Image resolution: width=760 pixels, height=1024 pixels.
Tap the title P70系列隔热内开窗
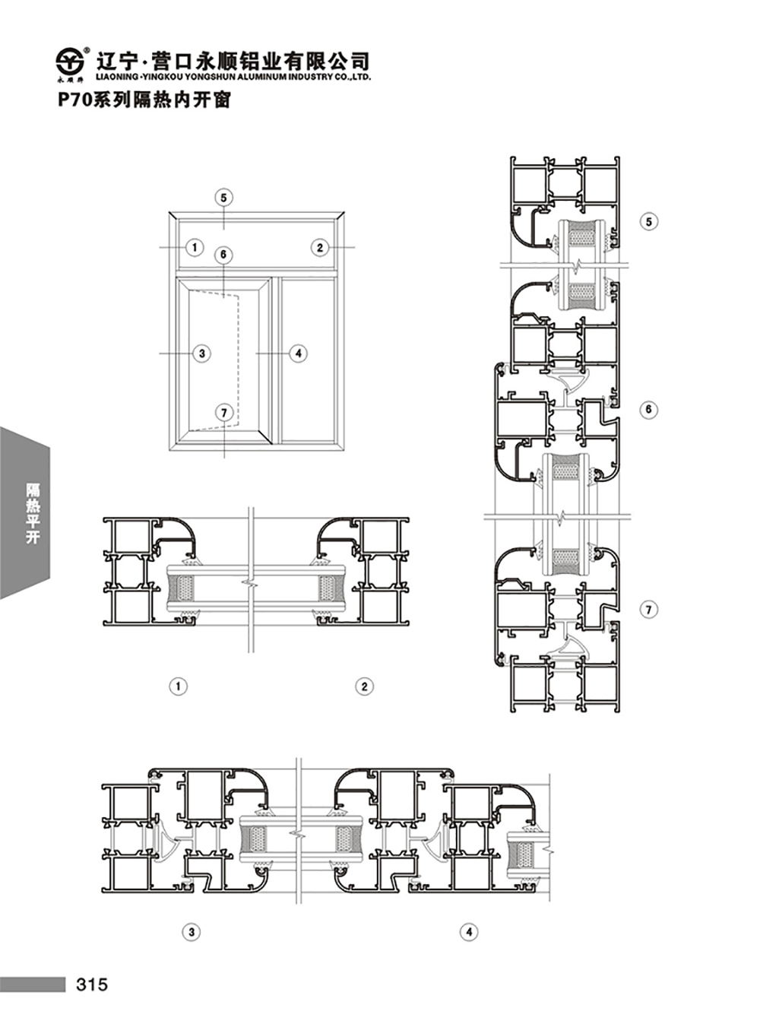pos(144,100)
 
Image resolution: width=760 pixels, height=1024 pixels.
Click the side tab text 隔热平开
pos(33,513)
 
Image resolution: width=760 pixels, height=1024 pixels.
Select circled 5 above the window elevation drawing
pos(224,198)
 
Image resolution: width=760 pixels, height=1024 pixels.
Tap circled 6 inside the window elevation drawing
pos(224,255)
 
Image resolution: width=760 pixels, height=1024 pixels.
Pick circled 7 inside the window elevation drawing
pos(224,412)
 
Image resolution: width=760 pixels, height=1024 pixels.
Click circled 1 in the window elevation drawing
pos(195,248)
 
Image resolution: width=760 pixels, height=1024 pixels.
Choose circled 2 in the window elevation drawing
pos(320,248)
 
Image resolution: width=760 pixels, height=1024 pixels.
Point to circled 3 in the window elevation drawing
pos(201,353)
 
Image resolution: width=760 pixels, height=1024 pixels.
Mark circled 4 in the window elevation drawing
pos(298,353)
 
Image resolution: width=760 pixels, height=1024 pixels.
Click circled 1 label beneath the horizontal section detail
pos(179,686)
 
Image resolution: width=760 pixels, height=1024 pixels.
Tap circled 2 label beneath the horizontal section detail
pos(364,686)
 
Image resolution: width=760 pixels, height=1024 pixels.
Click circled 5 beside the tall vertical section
pos(649,222)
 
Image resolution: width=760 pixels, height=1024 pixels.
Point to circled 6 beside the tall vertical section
pos(649,409)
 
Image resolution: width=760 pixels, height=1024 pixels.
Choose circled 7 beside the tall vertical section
pos(649,610)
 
